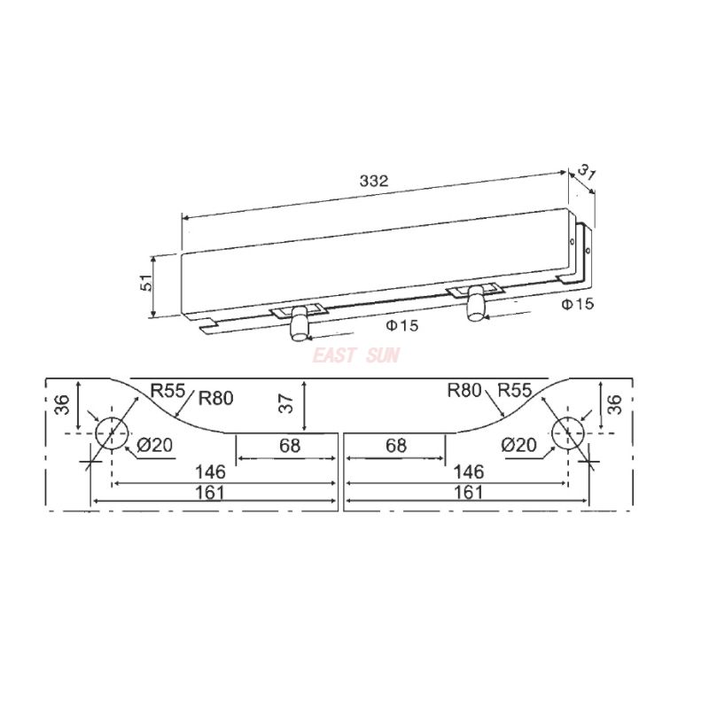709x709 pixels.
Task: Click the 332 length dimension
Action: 374,180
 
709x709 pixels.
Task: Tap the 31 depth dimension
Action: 587,171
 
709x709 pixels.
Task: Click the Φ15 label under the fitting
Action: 401,326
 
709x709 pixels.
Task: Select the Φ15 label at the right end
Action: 577,305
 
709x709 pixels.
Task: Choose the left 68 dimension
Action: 290,446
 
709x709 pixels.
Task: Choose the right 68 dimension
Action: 396,446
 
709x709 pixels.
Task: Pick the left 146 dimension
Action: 209,471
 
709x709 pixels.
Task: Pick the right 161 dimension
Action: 468,492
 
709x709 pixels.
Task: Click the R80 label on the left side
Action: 215,397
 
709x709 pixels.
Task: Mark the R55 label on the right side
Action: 515,390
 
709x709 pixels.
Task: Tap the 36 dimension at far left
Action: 60,403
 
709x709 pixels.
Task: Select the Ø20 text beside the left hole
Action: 156,445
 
